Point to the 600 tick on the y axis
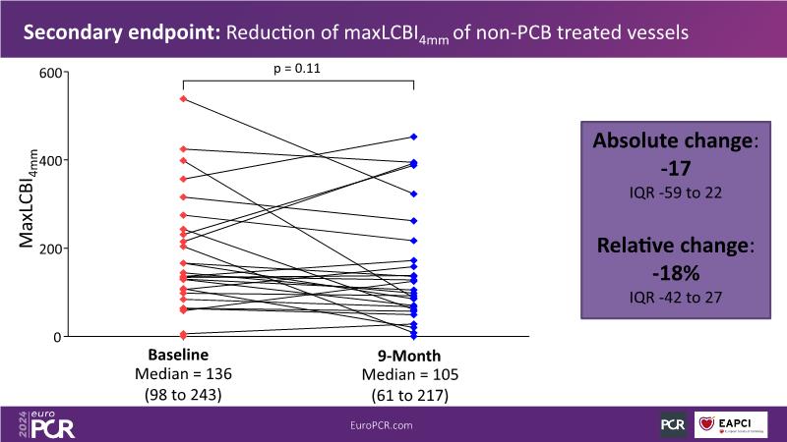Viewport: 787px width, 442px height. pyautogui.click(x=50, y=72)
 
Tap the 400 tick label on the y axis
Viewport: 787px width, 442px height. pyautogui.click(x=50, y=160)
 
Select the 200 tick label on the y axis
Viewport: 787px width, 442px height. pyautogui.click(x=50, y=249)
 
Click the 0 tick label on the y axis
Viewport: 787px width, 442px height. pyautogui.click(x=58, y=337)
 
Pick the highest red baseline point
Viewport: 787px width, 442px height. pyautogui.click(x=183, y=99)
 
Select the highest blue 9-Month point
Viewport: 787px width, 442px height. pyautogui.click(x=414, y=137)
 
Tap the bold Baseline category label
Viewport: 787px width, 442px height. pyautogui.click(x=182, y=356)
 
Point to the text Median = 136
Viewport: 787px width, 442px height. pyautogui.click(x=182, y=375)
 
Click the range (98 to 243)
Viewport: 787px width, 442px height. pyautogui.click(x=182, y=395)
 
